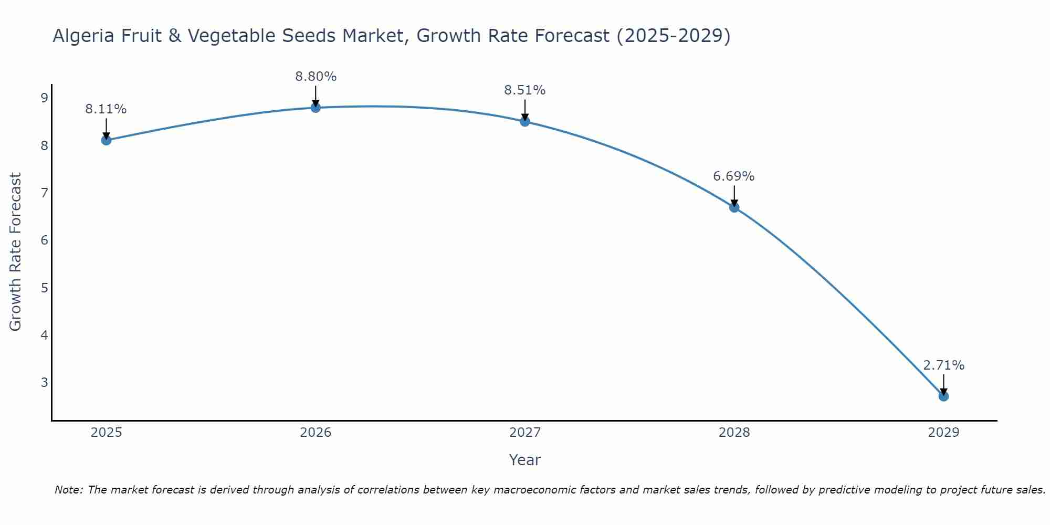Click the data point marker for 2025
[x=106, y=140]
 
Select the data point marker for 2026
[x=316, y=108]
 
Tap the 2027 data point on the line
[x=525, y=121]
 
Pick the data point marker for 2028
[x=734, y=207]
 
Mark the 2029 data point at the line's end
[x=943, y=396]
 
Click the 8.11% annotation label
[x=106, y=109]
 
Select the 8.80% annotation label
[x=316, y=77]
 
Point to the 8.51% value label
[x=525, y=90]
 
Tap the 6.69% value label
[x=734, y=176]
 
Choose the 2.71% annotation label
[x=943, y=365]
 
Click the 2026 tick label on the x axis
[x=316, y=433]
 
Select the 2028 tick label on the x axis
[x=734, y=433]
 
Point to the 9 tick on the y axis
[x=44, y=98]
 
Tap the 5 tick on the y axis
[x=44, y=288]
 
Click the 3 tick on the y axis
[x=44, y=382]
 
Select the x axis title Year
[x=525, y=460]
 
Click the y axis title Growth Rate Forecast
[x=16, y=252]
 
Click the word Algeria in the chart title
[x=84, y=36]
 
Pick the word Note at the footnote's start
[x=68, y=490]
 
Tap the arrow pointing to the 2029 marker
[x=943, y=385]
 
